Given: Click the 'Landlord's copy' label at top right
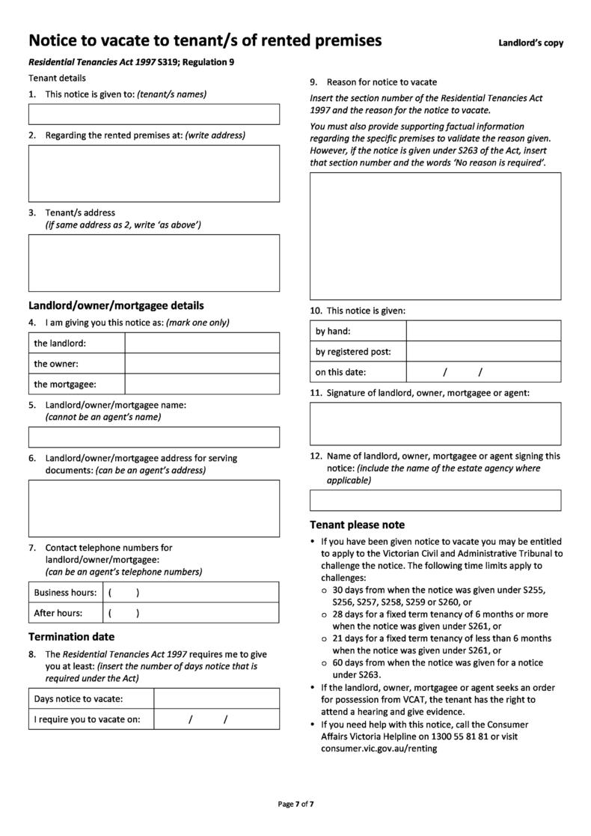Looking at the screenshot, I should coord(530,43).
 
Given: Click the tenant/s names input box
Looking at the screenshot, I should coord(153,114).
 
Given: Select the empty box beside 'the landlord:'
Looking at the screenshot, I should coord(201,343).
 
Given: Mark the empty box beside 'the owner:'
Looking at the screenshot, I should coord(201,364).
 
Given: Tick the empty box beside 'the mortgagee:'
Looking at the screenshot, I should coord(201,384).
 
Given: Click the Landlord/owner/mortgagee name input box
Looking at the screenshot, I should coord(153,436).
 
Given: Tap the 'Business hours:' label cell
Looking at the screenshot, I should coord(65,592).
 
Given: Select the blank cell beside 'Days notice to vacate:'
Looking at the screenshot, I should coord(216,698).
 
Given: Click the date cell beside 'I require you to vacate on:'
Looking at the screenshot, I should coord(216,719).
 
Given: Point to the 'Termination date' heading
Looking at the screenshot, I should coord(72,637).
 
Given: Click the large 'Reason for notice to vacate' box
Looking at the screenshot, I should coord(435,235).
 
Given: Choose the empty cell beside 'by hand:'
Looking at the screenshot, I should coord(483,331).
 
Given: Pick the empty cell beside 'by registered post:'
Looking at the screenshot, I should coord(483,351).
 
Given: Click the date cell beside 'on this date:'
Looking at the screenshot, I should coord(483,372).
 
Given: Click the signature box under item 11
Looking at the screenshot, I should coord(435,424).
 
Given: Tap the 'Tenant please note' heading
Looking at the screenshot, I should coord(358,525).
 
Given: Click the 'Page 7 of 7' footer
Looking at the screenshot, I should coord(295,804).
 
